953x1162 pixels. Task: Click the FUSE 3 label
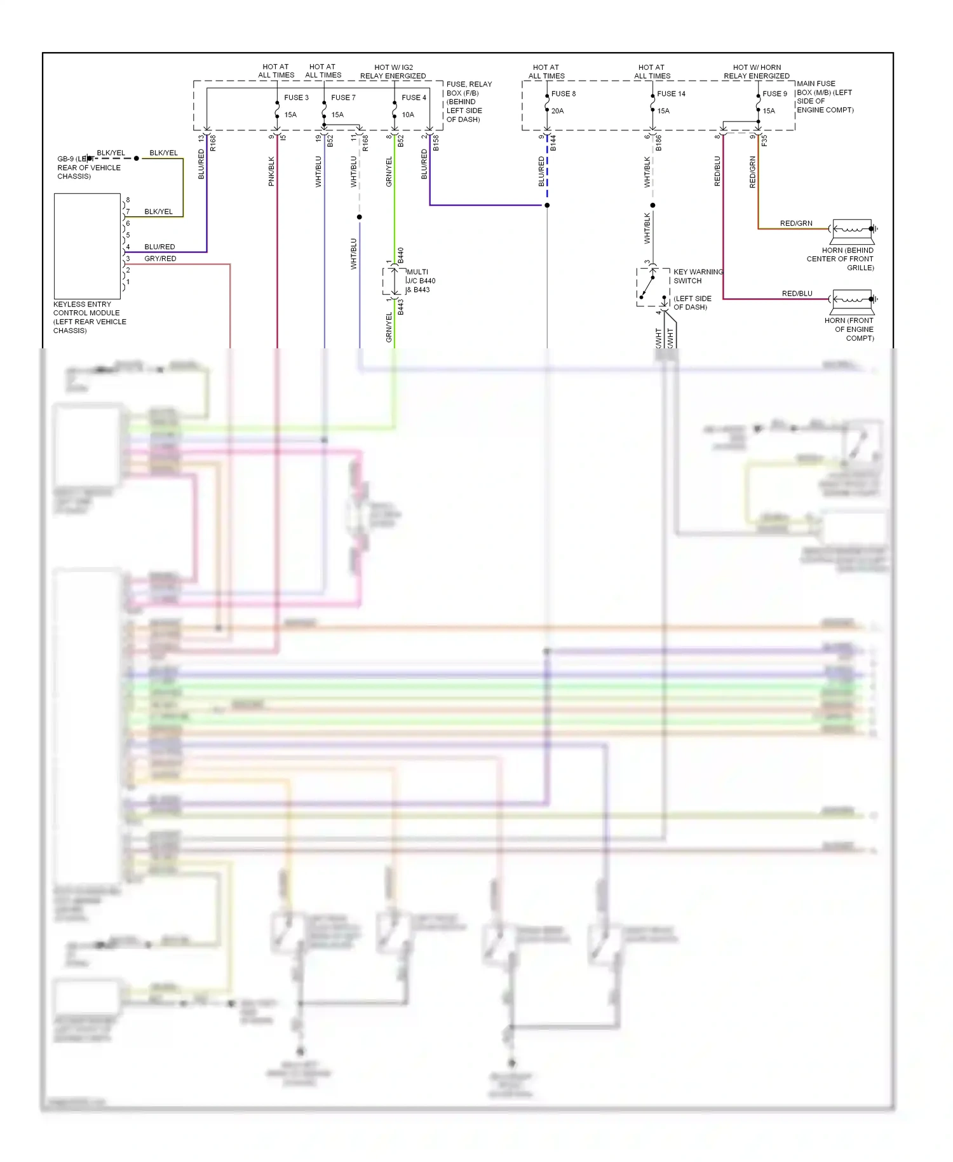tap(296, 97)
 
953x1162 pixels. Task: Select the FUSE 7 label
tap(343, 97)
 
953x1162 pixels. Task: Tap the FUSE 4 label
tap(414, 97)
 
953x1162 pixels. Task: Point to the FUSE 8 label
tap(563, 93)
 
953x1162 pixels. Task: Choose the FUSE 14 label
tap(671, 93)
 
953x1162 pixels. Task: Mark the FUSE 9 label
tap(774, 93)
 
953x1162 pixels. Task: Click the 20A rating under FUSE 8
tap(557, 111)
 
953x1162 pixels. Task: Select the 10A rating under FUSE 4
tap(408, 114)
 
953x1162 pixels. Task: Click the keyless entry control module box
tap(87, 246)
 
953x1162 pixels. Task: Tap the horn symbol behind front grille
tap(853, 229)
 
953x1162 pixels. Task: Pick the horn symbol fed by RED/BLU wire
tap(853, 299)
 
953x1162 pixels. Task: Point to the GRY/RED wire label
tap(160, 259)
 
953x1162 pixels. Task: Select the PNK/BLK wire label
tap(271, 171)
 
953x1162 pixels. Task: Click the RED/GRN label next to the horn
tap(796, 223)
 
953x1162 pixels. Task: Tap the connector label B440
tap(401, 256)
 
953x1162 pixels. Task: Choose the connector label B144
tap(553, 143)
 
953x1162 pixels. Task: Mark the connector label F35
tap(764, 140)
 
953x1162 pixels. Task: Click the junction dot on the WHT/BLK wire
tap(652, 205)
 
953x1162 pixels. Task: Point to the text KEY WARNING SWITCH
tap(698, 276)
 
